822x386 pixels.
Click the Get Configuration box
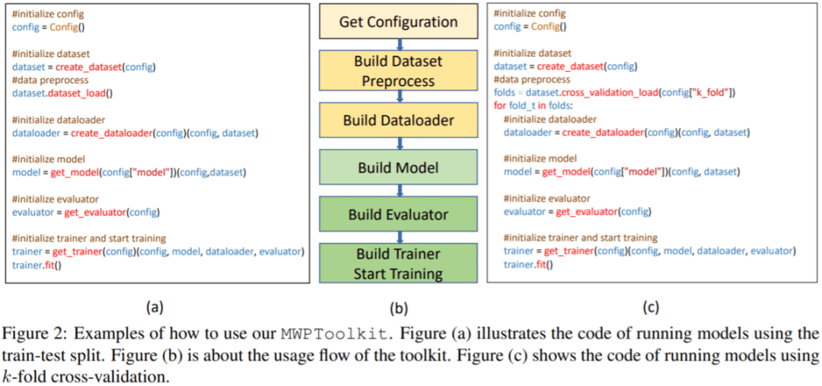[x=399, y=22]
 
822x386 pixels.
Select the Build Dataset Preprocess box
[x=399, y=70]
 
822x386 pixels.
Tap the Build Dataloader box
[x=399, y=120]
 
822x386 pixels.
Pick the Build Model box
[x=399, y=167]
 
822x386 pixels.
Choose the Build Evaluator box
[x=399, y=215]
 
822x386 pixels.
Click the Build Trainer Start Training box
[x=399, y=263]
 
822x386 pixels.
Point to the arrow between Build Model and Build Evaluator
[x=399, y=191]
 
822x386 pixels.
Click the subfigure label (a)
[x=155, y=308]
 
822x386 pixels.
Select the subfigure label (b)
[x=399, y=308]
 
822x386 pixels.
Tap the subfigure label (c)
[x=651, y=308]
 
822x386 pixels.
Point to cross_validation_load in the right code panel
[x=601, y=92]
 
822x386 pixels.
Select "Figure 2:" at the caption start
[x=28, y=334]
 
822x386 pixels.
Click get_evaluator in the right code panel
[x=587, y=211]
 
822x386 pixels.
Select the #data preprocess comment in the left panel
[x=50, y=80]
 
